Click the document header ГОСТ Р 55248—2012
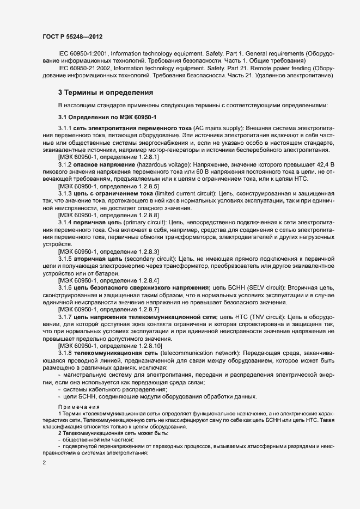click(x=72, y=36)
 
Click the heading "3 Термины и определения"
click(x=105, y=92)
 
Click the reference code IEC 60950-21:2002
click(x=87, y=68)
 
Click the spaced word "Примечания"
click(x=79, y=407)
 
